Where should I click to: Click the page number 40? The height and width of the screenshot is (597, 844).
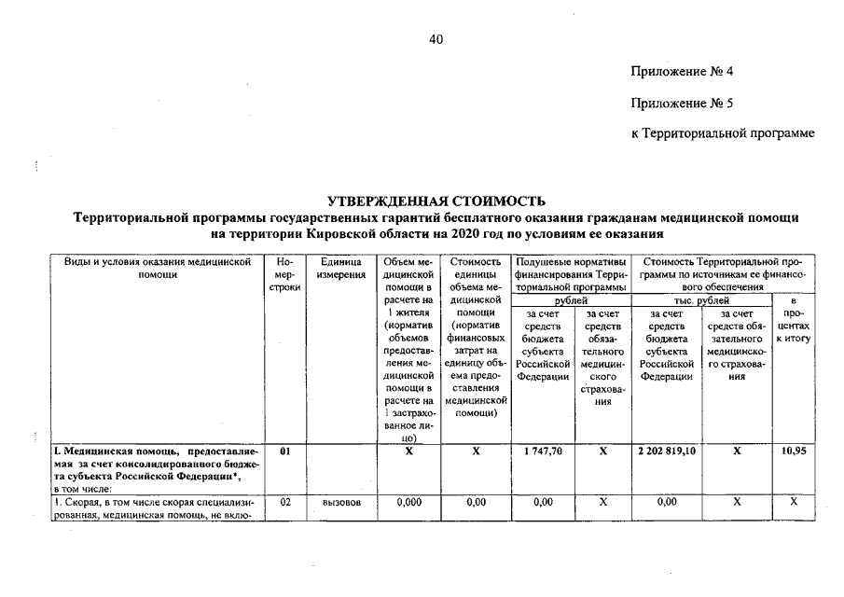[x=436, y=39]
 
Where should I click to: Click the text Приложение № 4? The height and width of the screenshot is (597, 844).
[x=688, y=72]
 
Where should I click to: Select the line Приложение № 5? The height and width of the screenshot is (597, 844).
[x=688, y=103]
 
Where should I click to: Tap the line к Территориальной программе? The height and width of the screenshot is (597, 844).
[x=723, y=133]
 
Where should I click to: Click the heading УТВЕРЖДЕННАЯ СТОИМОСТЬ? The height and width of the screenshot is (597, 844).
[x=436, y=201]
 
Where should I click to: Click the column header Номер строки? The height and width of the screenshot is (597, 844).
[x=285, y=276]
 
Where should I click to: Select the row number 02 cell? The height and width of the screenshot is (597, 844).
[x=285, y=502]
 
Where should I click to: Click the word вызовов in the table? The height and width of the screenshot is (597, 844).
[x=340, y=502]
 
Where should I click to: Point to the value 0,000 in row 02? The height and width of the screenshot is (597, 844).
[x=408, y=502]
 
